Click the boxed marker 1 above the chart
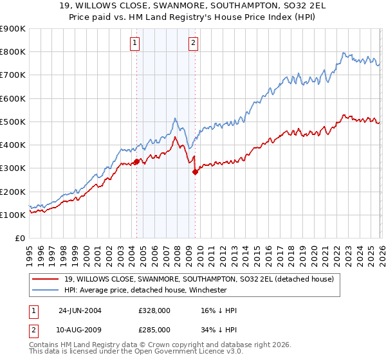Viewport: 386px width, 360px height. coord(135,43)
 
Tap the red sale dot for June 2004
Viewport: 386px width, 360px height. coord(136,161)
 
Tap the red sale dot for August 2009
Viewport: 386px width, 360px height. coord(195,172)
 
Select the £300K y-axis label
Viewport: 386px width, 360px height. coord(13,168)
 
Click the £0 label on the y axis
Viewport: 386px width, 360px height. coord(19,239)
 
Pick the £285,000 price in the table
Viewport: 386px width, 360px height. coord(154,329)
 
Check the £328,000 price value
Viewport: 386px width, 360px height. coord(154,310)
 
